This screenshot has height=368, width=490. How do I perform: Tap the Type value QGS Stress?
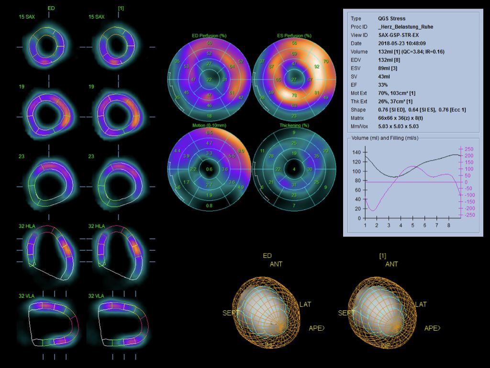[x=391, y=19]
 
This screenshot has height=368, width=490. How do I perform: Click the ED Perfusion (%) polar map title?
[x=209, y=36]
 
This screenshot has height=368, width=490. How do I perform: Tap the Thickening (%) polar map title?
[x=294, y=126]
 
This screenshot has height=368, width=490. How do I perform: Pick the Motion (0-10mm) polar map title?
[x=209, y=126]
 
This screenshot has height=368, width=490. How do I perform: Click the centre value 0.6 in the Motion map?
[x=209, y=169]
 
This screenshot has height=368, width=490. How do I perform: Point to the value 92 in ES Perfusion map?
[x=316, y=67]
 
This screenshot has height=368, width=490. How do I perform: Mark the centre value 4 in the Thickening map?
[x=294, y=169]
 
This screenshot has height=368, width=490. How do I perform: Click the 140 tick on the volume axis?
[x=356, y=152]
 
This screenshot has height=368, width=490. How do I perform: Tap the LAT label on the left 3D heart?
[x=306, y=304]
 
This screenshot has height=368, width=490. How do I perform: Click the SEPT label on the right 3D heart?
[x=347, y=313]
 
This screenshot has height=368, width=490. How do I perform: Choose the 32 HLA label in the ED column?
[x=27, y=226]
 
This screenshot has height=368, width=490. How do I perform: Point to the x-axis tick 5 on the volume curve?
[x=413, y=225]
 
